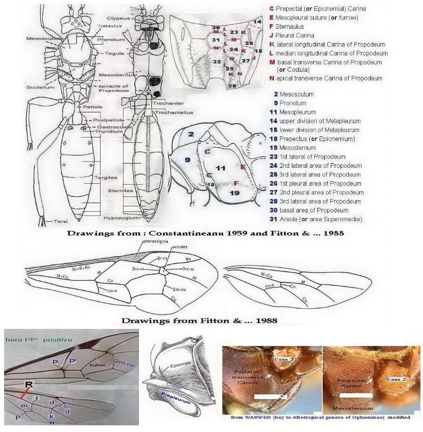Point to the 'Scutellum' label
(x=37, y=87)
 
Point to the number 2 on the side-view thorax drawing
(x=190, y=135)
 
